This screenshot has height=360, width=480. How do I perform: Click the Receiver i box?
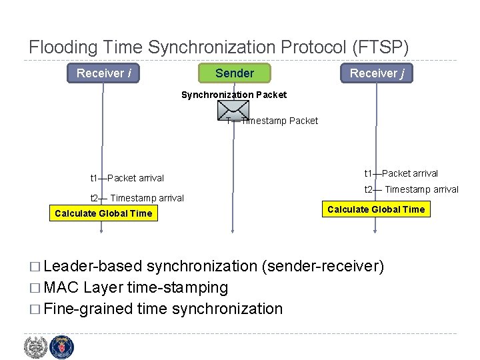(103, 73)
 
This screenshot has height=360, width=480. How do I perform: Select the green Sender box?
(234, 73)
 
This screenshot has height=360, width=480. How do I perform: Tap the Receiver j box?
(377, 73)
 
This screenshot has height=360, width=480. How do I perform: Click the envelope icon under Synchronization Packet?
(233, 111)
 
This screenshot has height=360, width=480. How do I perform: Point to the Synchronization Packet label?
(234, 95)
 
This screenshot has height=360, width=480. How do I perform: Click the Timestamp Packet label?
(279, 121)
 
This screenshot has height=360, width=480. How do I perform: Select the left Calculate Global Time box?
(103, 213)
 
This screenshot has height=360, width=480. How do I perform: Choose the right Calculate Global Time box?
(375, 209)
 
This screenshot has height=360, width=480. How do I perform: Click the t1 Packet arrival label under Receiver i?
(127, 178)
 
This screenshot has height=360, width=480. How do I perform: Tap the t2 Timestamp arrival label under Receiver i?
(137, 198)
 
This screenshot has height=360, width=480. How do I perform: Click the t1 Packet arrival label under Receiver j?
(401, 173)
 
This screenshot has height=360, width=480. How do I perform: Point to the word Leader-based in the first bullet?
(93, 267)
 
